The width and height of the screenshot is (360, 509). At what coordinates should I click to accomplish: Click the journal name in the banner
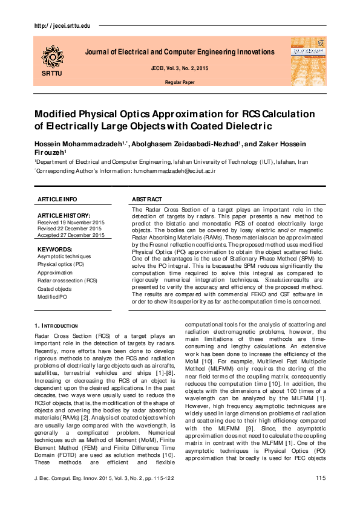click(179, 52)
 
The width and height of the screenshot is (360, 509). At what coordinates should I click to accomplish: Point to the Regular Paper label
click(179, 82)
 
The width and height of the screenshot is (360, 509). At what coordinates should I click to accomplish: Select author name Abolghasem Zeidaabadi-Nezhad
click(185, 144)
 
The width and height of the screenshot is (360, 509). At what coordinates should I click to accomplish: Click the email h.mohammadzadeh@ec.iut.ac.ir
click(174, 171)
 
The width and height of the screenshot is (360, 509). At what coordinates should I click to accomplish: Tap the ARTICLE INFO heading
click(57, 199)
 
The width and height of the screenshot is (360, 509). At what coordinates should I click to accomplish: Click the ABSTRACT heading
click(146, 199)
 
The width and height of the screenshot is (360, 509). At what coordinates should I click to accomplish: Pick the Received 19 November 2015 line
click(70, 222)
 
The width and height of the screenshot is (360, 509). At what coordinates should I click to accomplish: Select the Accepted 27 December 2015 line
click(71, 235)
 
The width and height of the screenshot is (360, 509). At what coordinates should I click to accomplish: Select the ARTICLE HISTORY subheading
click(64, 215)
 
